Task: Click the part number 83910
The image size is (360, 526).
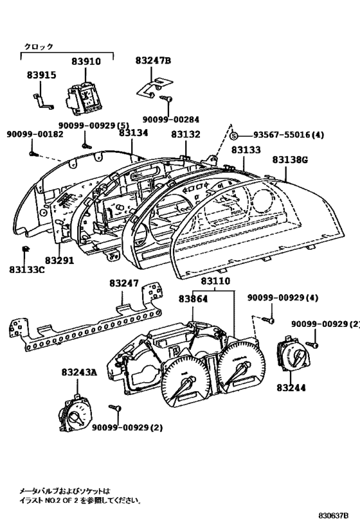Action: pyautogui.click(x=86, y=62)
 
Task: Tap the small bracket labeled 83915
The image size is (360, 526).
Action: pyautogui.click(x=43, y=101)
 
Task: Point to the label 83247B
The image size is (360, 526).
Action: pyautogui.click(x=153, y=60)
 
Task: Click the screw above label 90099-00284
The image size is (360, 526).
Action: pyautogui.click(x=166, y=98)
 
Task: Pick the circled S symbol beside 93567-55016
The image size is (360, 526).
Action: pyautogui.click(x=235, y=136)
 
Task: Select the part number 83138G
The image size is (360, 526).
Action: pyautogui.click(x=290, y=160)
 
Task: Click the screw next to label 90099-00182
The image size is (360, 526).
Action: pyautogui.click(x=33, y=153)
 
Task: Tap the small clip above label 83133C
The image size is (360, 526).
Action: pyautogui.click(x=24, y=249)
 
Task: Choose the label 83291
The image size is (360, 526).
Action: pyautogui.click(x=59, y=260)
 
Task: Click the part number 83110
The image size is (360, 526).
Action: pyautogui.click(x=215, y=281)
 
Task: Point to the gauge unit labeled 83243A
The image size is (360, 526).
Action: pyautogui.click(x=73, y=414)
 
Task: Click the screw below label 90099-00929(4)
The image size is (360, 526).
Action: pyautogui.click(x=268, y=320)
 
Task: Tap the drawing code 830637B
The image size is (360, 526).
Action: pyautogui.click(x=333, y=515)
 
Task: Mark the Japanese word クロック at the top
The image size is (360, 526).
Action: pyautogui.click(x=39, y=47)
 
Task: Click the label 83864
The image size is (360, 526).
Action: pyautogui.click(x=193, y=299)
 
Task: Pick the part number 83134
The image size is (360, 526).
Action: pyautogui.click(x=133, y=133)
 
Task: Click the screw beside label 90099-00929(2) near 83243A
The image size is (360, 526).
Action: pyautogui.click(x=115, y=408)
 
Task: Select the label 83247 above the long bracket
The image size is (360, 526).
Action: pyautogui.click(x=124, y=283)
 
